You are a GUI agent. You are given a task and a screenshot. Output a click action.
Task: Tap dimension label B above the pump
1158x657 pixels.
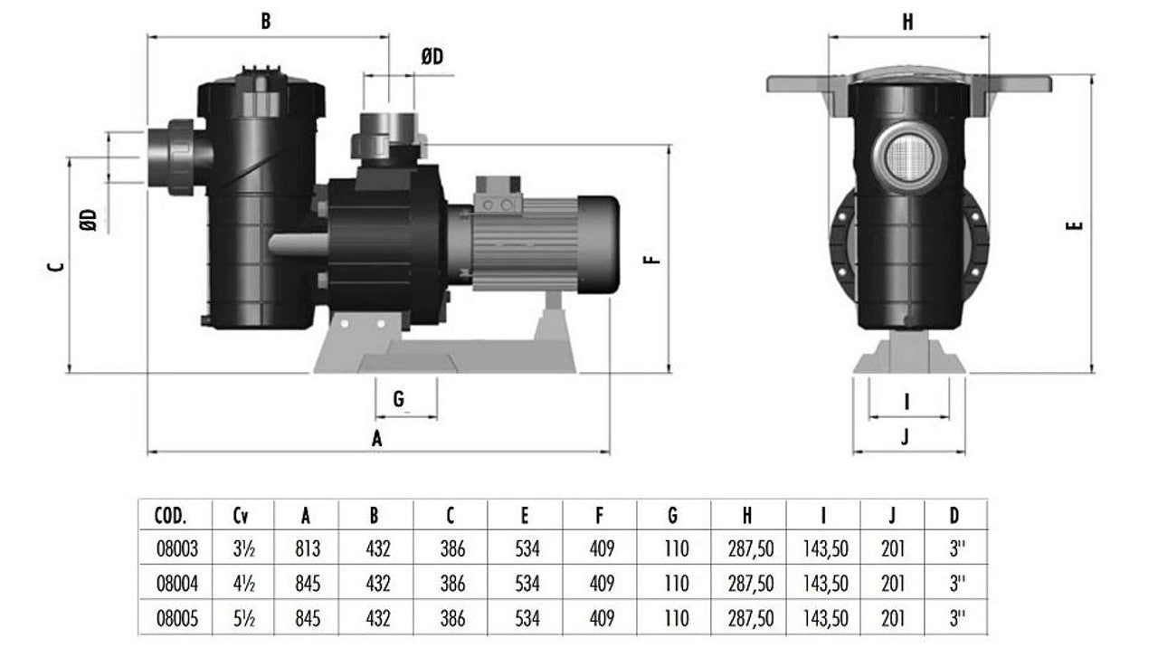pos(266,22)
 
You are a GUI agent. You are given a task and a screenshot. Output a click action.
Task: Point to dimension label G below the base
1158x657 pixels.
pos(398,399)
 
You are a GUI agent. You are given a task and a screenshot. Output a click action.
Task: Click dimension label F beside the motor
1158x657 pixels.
pos(651,260)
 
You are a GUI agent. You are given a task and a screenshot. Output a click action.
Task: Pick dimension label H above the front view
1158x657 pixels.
pos(907,23)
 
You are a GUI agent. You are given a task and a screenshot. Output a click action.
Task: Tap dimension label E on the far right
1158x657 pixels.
pos(1075,225)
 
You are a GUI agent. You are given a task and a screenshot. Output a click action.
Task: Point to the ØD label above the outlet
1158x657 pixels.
pos(432,57)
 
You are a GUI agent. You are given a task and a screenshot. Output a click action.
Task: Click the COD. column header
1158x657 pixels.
pos(170,516)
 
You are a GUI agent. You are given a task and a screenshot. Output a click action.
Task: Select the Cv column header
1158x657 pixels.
pos(241,516)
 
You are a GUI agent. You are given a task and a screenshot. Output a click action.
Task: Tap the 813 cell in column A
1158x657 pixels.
pos(306,548)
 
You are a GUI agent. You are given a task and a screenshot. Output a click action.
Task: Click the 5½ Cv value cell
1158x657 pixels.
pos(241,619)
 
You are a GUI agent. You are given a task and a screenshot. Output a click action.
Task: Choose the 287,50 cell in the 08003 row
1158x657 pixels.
pos(751,548)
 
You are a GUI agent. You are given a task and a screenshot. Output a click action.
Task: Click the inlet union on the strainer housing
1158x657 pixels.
pos(177,157)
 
